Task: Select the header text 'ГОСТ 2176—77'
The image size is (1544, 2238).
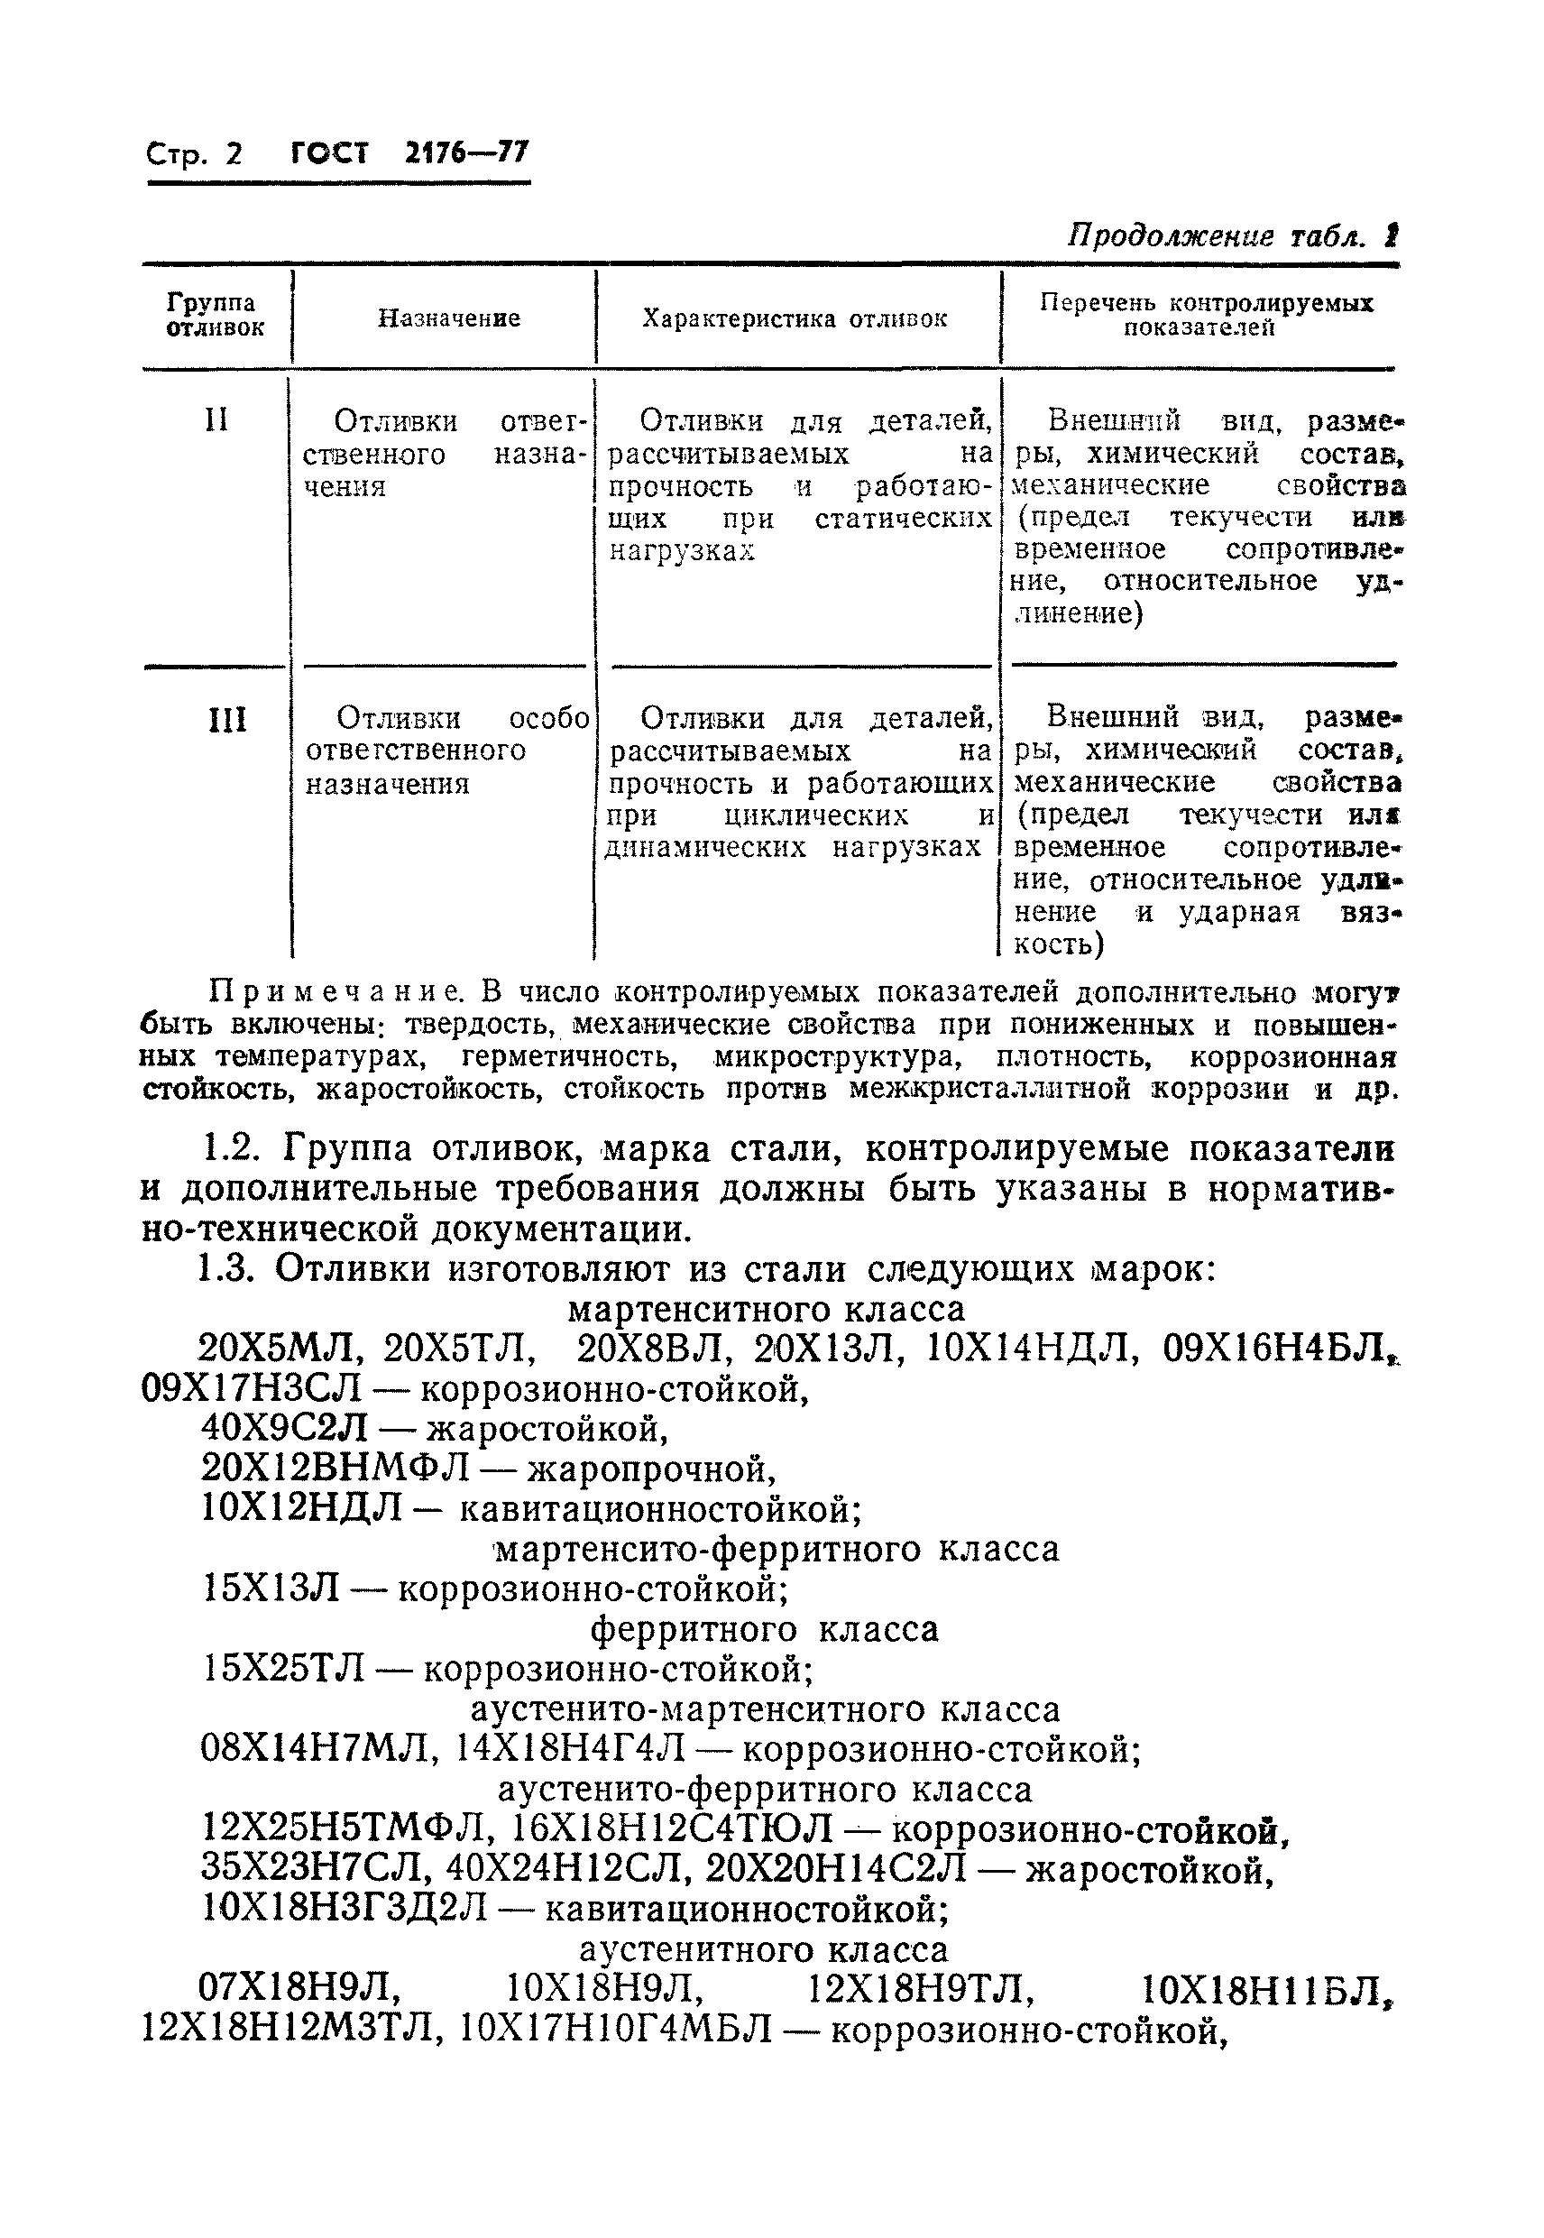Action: pos(410,152)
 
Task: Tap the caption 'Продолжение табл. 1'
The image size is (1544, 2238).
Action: pos(1233,236)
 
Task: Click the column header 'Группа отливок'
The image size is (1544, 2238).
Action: pos(215,316)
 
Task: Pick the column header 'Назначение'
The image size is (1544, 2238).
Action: pos(448,318)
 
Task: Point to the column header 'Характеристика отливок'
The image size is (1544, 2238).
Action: pos(795,319)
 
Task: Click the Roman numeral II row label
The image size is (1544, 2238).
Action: pos(216,420)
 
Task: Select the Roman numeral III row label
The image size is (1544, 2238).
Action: pos(226,720)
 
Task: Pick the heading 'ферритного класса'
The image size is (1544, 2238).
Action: pos(764,1629)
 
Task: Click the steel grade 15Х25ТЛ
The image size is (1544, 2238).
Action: pos(284,1669)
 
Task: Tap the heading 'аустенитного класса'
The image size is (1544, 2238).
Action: pos(763,1948)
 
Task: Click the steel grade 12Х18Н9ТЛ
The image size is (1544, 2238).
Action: pos(920,1989)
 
